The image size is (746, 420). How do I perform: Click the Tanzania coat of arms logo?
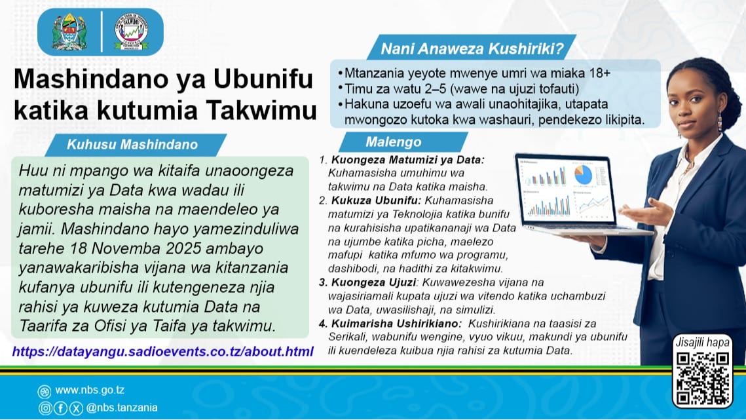click(69, 31)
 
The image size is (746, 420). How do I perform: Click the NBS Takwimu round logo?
click(131, 31)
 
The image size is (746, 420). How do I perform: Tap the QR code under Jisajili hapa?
click(702, 377)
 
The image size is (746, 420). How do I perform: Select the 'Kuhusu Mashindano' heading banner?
click(132, 144)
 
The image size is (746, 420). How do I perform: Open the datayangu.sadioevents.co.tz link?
click(162, 352)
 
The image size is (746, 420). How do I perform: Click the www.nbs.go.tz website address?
click(91, 391)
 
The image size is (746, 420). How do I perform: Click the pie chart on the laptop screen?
click(582, 174)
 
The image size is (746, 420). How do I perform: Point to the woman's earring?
click(719, 121)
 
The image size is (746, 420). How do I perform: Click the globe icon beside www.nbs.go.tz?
click(45, 391)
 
